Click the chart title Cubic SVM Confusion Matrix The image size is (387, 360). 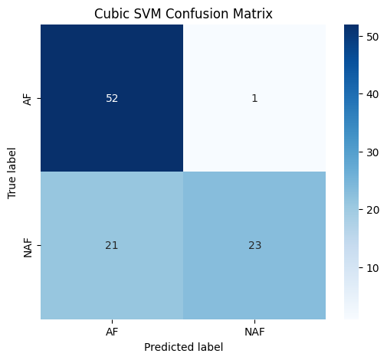tap(183, 14)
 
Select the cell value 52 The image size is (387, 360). tap(112, 98)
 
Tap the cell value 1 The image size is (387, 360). tap(254, 98)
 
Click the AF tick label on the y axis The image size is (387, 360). tap(28, 98)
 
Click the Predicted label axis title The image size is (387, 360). tap(183, 346)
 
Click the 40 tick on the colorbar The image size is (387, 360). tap(372, 93)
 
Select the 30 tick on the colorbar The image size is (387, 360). tap(372, 151)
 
